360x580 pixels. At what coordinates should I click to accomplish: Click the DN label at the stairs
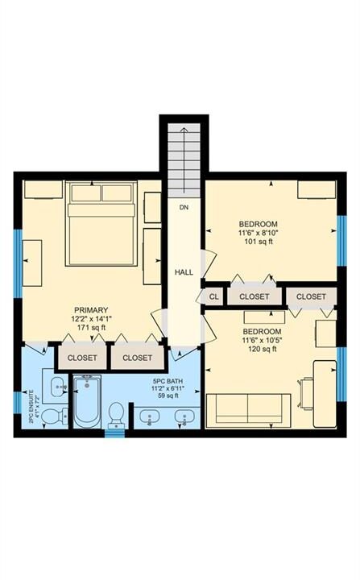[184, 208]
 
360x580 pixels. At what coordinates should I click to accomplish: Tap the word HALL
[184, 272]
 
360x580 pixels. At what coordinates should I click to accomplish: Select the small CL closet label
[214, 296]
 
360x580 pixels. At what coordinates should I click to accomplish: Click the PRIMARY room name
[91, 310]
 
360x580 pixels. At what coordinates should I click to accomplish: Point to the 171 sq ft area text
[91, 327]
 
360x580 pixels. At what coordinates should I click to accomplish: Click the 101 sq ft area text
[259, 242]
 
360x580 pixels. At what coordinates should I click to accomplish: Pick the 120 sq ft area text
[263, 349]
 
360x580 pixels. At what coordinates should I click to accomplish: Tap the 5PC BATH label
[168, 381]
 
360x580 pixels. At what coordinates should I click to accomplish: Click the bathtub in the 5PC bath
[87, 402]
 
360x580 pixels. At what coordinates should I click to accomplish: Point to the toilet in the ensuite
[54, 416]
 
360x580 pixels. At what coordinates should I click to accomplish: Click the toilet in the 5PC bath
[117, 414]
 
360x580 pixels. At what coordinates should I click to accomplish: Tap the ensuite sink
[57, 387]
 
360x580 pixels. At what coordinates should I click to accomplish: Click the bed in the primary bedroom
[101, 223]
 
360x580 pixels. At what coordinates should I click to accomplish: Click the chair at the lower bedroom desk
[306, 394]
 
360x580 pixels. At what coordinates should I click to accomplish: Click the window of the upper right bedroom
[341, 240]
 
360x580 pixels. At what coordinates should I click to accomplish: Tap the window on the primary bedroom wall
[19, 263]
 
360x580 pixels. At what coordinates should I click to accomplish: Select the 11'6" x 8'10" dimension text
[259, 233]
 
